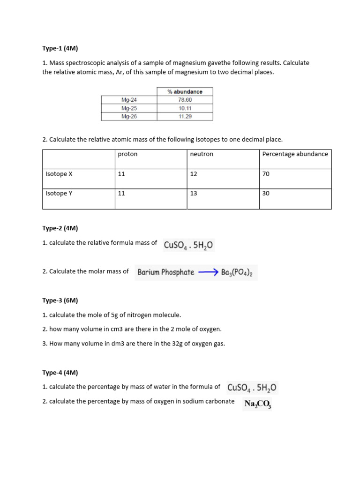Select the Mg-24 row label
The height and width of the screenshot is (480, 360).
(129, 100)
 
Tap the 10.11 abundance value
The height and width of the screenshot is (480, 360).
(185, 108)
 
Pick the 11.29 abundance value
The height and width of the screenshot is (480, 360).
(185, 116)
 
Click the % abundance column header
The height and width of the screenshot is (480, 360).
(185, 92)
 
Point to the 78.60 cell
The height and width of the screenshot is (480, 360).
(185, 100)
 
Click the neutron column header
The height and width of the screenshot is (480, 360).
(202, 154)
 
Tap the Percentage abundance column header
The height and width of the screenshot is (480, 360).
(295, 154)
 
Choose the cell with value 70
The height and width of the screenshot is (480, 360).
(266, 174)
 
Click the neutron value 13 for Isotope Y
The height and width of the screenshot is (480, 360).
(194, 193)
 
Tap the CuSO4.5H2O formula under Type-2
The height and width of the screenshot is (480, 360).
(188, 244)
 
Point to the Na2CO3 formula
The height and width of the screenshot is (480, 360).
(257, 403)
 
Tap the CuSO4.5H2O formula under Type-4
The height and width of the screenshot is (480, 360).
(252, 388)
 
